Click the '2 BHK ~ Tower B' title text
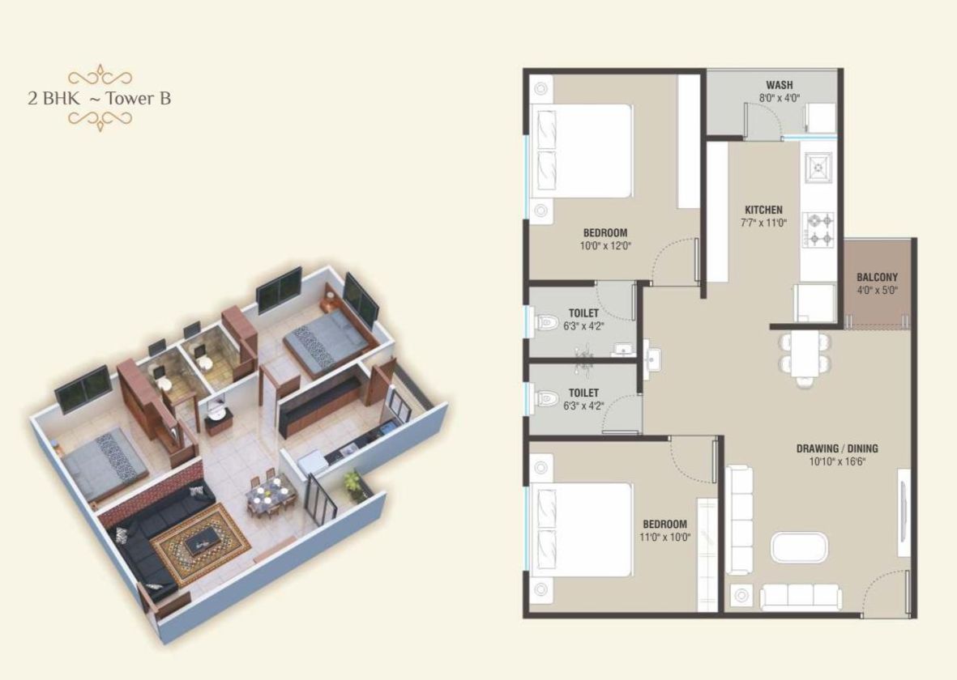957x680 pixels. point(99,99)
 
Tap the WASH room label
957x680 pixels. point(779,85)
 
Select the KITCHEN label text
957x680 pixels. point(763,210)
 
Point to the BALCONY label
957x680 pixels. point(877,277)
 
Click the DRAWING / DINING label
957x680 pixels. point(837,448)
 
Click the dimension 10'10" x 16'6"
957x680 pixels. point(837,461)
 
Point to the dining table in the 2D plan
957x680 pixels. point(805,355)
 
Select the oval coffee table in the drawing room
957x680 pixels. point(799,547)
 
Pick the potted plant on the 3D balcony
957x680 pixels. point(352,484)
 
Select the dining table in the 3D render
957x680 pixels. point(269,493)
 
